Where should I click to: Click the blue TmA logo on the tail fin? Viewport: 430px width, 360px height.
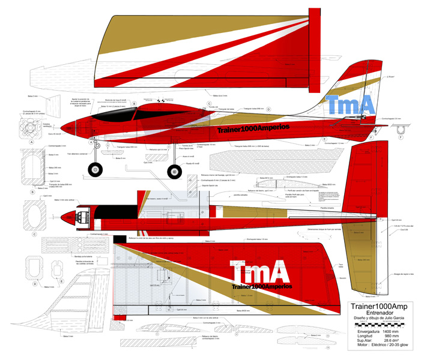[351, 104]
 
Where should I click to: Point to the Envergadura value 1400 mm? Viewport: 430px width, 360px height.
[390, 331]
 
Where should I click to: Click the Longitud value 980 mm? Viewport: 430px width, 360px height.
[392, 337]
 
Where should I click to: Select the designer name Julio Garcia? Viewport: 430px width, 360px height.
[398, 319]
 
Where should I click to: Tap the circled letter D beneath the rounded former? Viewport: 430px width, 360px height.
[35, 283]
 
